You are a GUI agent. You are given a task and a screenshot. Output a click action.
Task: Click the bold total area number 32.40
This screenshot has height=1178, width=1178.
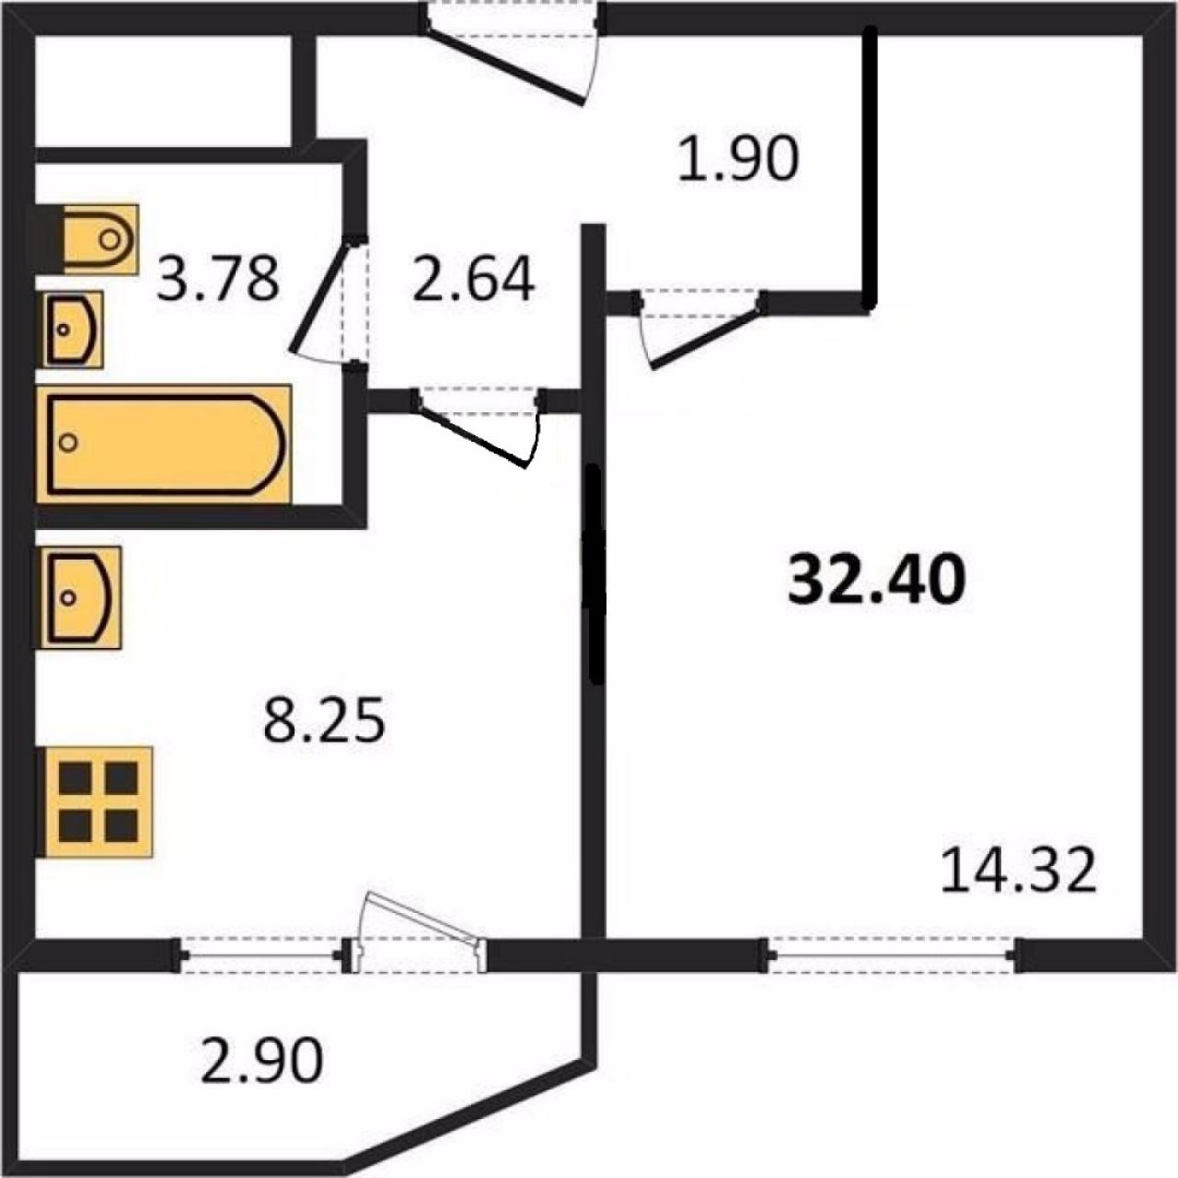(877, 580)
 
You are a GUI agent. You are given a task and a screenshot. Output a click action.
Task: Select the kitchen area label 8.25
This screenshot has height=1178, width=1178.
(324, 718)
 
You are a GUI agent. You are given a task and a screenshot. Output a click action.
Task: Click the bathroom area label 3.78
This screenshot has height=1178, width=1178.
(217, 279)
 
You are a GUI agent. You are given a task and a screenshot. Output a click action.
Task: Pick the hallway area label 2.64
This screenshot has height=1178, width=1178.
(474, 280)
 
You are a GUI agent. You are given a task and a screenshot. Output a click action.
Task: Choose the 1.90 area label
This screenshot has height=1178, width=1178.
(738, 158)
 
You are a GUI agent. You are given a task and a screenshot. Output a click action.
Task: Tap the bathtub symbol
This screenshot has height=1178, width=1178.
(163, 445)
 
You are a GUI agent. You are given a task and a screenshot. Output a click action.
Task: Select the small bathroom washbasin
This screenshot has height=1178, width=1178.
(73, 329)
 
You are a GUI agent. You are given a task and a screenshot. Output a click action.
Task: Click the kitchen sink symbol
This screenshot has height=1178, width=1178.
(78, 597)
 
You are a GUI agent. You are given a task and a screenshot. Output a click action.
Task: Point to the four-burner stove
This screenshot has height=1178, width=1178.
(95, 802)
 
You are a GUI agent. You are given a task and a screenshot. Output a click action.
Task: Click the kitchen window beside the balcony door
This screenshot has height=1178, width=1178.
(261, 955)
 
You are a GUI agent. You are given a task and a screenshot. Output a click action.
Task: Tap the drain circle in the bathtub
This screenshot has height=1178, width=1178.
(69, 442)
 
